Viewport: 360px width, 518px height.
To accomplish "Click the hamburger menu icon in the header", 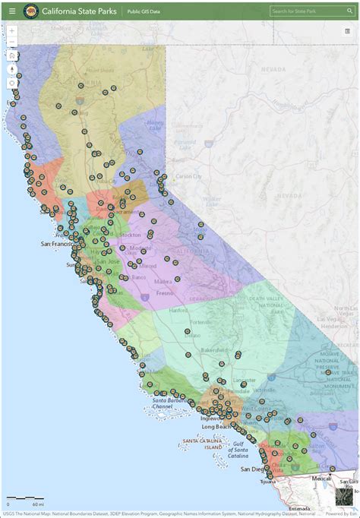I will point(11,11).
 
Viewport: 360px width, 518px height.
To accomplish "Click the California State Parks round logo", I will point(31,11).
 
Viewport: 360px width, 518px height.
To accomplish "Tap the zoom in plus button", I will point(12,31).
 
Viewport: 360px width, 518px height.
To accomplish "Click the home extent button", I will point(12,55).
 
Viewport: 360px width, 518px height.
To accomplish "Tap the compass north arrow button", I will point(12,68).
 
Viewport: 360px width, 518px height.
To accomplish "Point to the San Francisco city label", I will point(57,243).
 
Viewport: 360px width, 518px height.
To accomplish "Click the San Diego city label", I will point(254,470).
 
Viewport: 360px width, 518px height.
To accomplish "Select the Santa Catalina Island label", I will point(201,443).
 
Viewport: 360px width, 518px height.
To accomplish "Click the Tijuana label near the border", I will point(268,482).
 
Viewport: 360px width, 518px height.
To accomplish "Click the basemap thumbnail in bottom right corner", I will point(346,497).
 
